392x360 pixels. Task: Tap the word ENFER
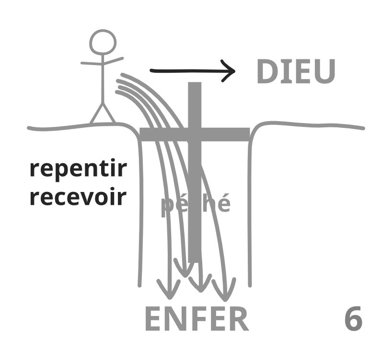click(x=197, y=320)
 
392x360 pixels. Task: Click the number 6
click(x=353, y=320)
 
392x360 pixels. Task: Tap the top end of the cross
click(x=195, y=85)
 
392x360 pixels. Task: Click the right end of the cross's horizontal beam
click(x=247, y=134)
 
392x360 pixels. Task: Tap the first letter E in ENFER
click(x=154, y=320)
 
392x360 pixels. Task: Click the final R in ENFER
click(x=239, y=320)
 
